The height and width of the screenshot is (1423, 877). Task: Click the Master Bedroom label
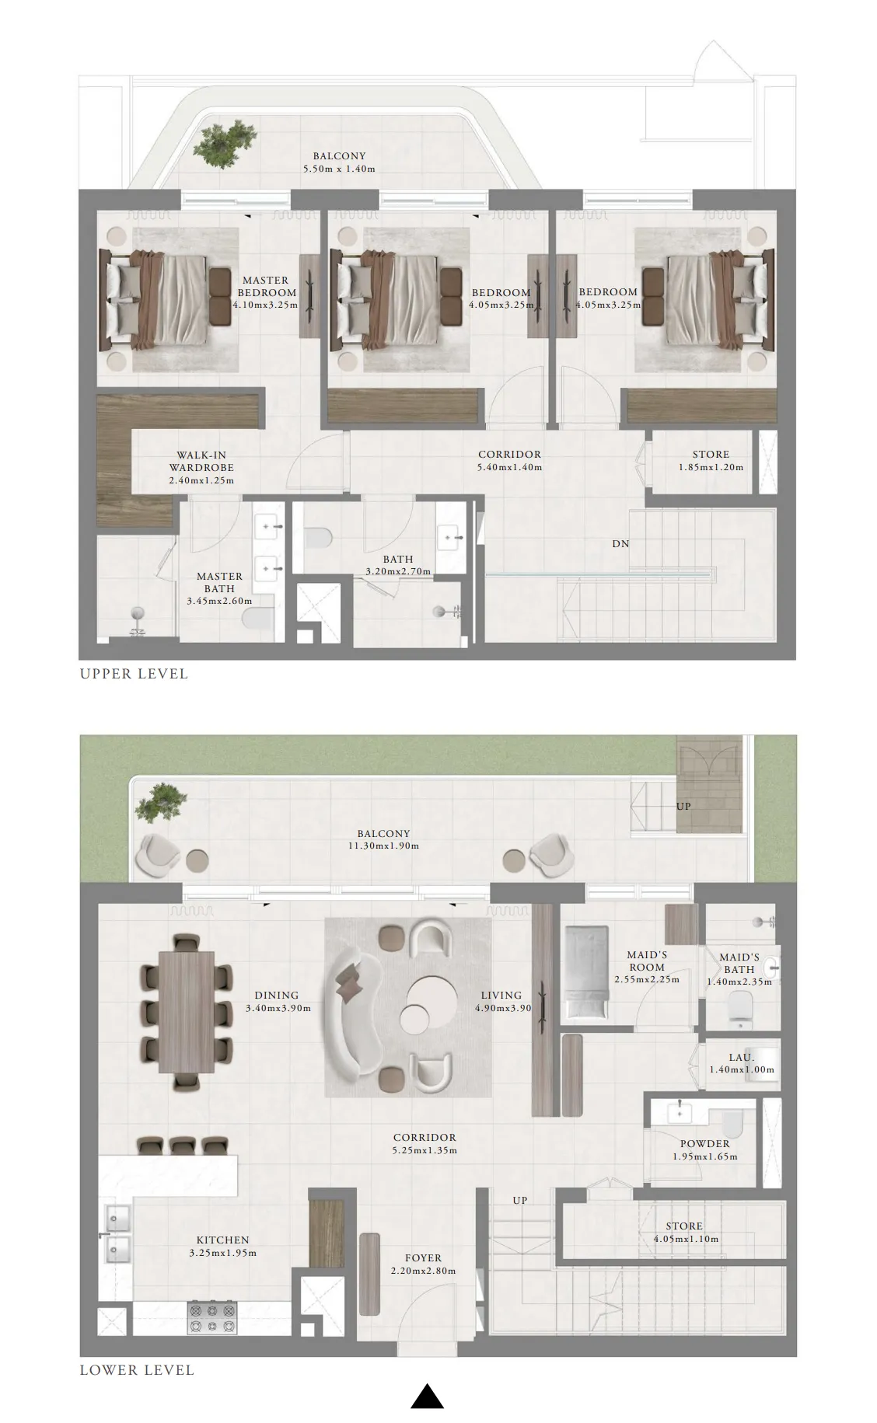pos(265,286)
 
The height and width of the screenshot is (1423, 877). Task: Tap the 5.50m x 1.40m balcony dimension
pos(339,169)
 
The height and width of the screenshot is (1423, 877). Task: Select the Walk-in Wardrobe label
pos(201,462)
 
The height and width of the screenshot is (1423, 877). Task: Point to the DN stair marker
pos(620,544)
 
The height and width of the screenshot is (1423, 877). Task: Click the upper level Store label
pos(711,455)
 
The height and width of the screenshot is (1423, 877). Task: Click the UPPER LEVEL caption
pos(134,674)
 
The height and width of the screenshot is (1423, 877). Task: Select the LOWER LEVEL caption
pos(137,1370)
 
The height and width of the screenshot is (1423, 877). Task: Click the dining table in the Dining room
pos(187,1011)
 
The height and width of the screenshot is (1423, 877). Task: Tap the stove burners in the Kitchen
pos(212,1317)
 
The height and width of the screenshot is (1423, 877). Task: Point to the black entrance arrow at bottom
pos(427,1396)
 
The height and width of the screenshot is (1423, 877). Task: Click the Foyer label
pos(423,1258)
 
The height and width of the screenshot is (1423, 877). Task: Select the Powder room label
pos(704,1144)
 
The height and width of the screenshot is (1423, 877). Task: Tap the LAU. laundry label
pos(741,1058)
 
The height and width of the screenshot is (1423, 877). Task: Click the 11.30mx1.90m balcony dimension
pos(384,846)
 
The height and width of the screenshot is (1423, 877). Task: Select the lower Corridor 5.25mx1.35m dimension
pos(425,1150)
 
